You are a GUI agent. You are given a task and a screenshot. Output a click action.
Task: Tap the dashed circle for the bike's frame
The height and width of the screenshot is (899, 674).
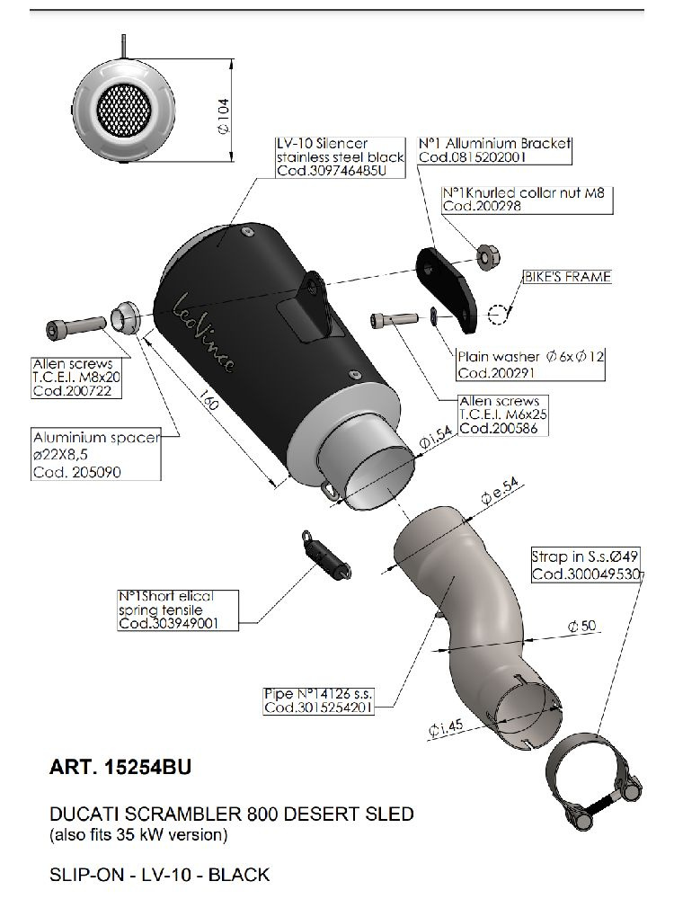(499, 314)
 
